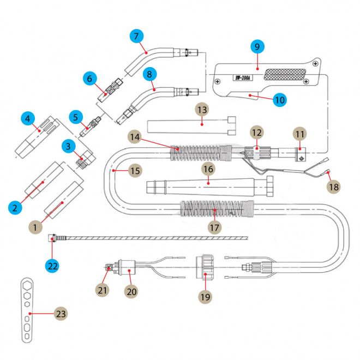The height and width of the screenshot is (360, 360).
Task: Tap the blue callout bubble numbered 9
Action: click(x=257, y=46)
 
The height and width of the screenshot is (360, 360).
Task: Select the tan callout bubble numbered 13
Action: click(x=202, y=110)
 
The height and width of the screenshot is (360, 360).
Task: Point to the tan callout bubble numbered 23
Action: click(x=61, y=314)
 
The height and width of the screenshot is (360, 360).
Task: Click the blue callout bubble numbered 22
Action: click(x=52, y=266)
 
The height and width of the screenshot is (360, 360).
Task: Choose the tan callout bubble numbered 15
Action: click(x=135, y=171)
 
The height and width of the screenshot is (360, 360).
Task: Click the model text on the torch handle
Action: click(x=243, y=79)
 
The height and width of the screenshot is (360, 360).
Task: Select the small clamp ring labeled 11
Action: click(x=299, y=155)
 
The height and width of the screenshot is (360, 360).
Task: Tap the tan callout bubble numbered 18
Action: click(x=333, y=187)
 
